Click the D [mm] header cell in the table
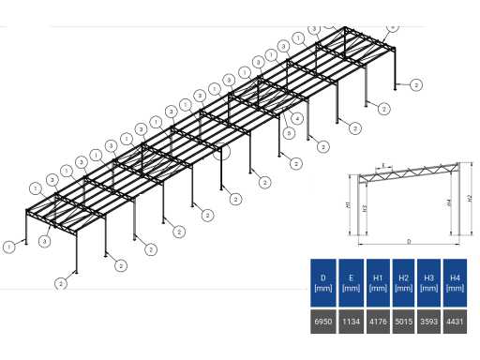click(322, 282)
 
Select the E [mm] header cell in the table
click(351, 282)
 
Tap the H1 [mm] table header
click(378, 282)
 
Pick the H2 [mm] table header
click(403, 282)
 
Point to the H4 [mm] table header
click(455, 282)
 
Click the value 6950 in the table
click(322, 322)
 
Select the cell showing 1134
click(351, 322)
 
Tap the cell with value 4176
click(378, 322)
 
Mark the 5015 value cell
click(403, 322)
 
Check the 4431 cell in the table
click(455, 322)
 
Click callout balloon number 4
click(297, 119)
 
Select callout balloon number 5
click(289, 134)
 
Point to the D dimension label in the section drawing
click(409, 242)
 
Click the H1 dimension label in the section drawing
click(349, 203)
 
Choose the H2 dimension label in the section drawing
click(470, 198)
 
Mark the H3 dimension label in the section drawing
click(365, 207)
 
